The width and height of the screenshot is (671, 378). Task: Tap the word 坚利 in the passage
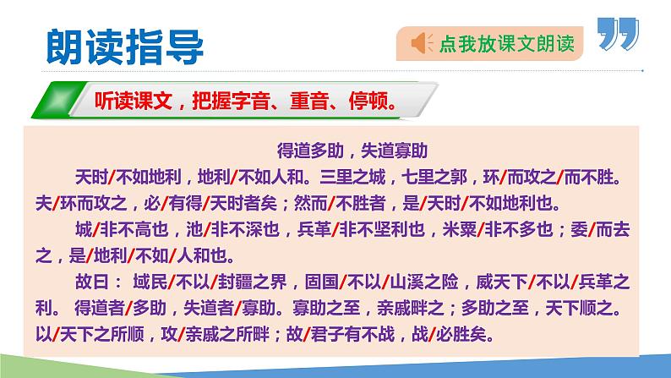[x=384, y=230]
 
